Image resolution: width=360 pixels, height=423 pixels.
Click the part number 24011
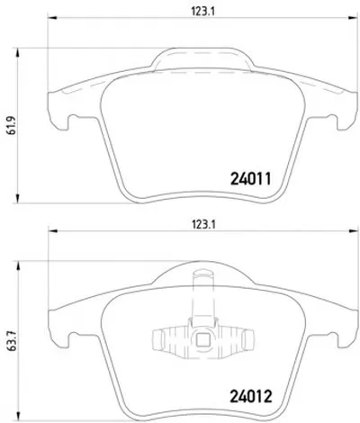251,179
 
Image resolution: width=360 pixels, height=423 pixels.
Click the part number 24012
251,396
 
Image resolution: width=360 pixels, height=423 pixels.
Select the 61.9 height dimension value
11,125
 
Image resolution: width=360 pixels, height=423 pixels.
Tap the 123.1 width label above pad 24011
203,12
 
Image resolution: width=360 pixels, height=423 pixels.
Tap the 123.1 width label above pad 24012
203,224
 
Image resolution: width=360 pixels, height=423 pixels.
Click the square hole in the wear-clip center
202,339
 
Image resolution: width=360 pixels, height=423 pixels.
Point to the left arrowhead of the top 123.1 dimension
52,18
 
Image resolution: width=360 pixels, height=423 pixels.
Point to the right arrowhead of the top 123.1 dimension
353,18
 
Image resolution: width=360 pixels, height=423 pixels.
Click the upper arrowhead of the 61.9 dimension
18,52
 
